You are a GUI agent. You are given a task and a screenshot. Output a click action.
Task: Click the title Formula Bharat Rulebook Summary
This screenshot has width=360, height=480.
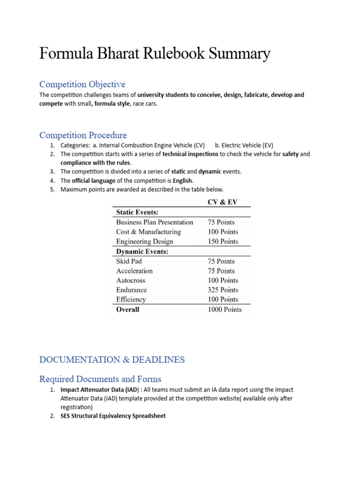tap(155, 54)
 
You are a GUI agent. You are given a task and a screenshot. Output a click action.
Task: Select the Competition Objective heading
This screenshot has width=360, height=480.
tap(82, 84)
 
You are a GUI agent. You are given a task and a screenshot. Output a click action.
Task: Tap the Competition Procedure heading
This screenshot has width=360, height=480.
tap(83, 135)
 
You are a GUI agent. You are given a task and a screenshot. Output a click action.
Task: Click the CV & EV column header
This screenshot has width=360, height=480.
tap(223, 202)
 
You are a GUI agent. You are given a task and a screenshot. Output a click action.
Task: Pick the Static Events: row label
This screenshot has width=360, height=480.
tap(137, 212)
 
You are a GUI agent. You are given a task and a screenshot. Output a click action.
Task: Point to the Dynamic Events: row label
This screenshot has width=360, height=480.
tap(142, 251)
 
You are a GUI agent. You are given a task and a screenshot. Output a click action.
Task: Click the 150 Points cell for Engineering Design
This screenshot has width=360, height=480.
tap(223, 241)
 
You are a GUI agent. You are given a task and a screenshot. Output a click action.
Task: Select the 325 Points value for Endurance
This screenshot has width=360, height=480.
tap(223, 290)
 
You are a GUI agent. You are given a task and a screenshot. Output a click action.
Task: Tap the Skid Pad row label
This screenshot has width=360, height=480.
tap(129, 261)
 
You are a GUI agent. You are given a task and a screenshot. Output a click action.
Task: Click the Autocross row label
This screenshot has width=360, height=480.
tap(131, 280)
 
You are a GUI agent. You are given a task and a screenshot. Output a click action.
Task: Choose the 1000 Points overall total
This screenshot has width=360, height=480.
tap(225, 309)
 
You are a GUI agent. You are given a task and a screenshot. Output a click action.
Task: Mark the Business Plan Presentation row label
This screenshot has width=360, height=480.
tap(155, 222)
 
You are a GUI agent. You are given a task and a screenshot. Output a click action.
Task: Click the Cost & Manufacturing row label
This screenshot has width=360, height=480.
tap(148, 232)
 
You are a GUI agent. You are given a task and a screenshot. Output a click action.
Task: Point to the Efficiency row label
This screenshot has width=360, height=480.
tap(131, 299)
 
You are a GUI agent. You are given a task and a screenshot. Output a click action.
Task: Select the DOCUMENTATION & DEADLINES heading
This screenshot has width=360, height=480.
tap(112, 360)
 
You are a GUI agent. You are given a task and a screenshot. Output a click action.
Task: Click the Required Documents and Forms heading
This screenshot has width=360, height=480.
tap(100, 379)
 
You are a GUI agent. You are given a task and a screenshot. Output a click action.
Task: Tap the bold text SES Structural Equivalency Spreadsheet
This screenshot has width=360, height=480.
tap(113, 416)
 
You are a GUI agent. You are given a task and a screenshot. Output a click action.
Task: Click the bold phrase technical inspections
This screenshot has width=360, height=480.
tap(190, 154)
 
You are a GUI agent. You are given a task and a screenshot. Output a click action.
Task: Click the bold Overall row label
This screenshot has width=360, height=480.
tap(127, 309)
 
